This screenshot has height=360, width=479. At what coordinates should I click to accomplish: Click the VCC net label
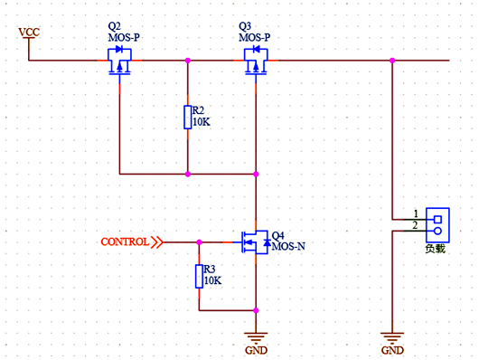tap(29, 33)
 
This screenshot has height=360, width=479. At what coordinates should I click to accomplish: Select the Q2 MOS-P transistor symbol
tap(119, 63)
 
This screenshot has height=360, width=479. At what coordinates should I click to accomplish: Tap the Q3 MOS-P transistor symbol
tap(256, 63)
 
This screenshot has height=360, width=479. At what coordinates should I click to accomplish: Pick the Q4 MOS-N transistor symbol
tap(253, 242)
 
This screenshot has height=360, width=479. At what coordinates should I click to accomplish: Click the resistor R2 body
tap(187, 117)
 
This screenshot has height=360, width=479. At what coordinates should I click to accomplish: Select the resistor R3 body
tap(199, 276)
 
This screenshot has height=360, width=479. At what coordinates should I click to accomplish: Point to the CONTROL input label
tap(125, 242)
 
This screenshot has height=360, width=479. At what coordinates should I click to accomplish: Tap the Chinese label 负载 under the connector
tap(436, 247)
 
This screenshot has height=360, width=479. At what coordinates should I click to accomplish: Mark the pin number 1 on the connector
tap(416, 213)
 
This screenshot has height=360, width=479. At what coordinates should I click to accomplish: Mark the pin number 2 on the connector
tap(416, 225)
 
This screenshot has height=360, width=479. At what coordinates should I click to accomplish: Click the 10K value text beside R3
tap(213, 280)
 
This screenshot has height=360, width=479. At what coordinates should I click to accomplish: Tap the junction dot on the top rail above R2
tap(187, 61)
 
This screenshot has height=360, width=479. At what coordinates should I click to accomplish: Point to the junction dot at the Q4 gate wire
tap(199, 242)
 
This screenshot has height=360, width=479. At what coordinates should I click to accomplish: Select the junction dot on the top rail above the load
tap(392, 61)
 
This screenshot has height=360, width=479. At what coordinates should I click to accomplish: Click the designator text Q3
tap(245, 26)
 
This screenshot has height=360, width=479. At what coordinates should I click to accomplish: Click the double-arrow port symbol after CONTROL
tap(158, 242)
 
